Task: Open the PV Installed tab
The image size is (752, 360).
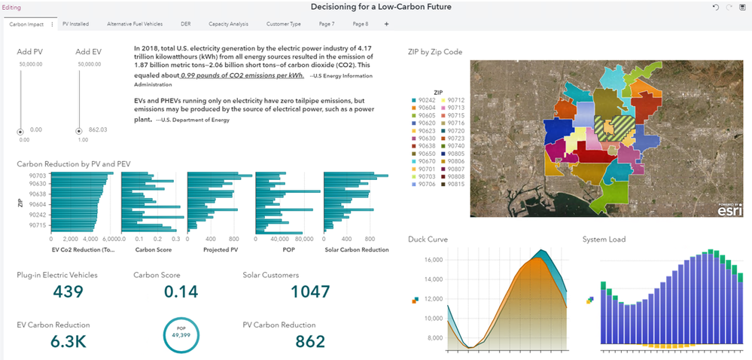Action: click(x=75, y=24)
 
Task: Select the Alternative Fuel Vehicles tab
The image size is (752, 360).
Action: click(x=135, y=24)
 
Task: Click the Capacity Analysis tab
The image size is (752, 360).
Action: click(x=228, y=24)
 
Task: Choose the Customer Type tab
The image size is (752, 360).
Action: click(x=283, y=24)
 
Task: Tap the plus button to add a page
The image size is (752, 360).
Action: click(x=387, y=24)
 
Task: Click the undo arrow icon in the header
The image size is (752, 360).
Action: click(x=716, y=7)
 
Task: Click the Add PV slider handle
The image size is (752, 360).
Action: click(x=20, y=131)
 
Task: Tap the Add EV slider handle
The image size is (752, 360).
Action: click(x=79, y=131)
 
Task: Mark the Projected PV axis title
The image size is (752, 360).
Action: click(x=221, y=249)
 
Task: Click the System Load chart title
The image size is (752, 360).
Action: click(x=604, y=239)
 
